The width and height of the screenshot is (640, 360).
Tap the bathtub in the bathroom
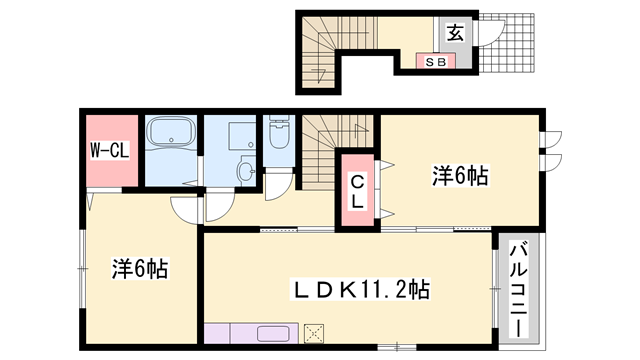[x=172, y=137]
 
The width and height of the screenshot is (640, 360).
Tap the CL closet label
[x=356, y=191]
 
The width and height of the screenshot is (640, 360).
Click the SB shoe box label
[x=436, y=61]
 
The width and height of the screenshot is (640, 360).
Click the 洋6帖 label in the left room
[x=139, y=269]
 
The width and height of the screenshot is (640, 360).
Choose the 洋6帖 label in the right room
[x=460, y=177]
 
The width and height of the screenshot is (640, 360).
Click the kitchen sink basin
[x=272, y=334]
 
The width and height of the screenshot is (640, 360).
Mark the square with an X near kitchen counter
[x=316, y=334]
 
